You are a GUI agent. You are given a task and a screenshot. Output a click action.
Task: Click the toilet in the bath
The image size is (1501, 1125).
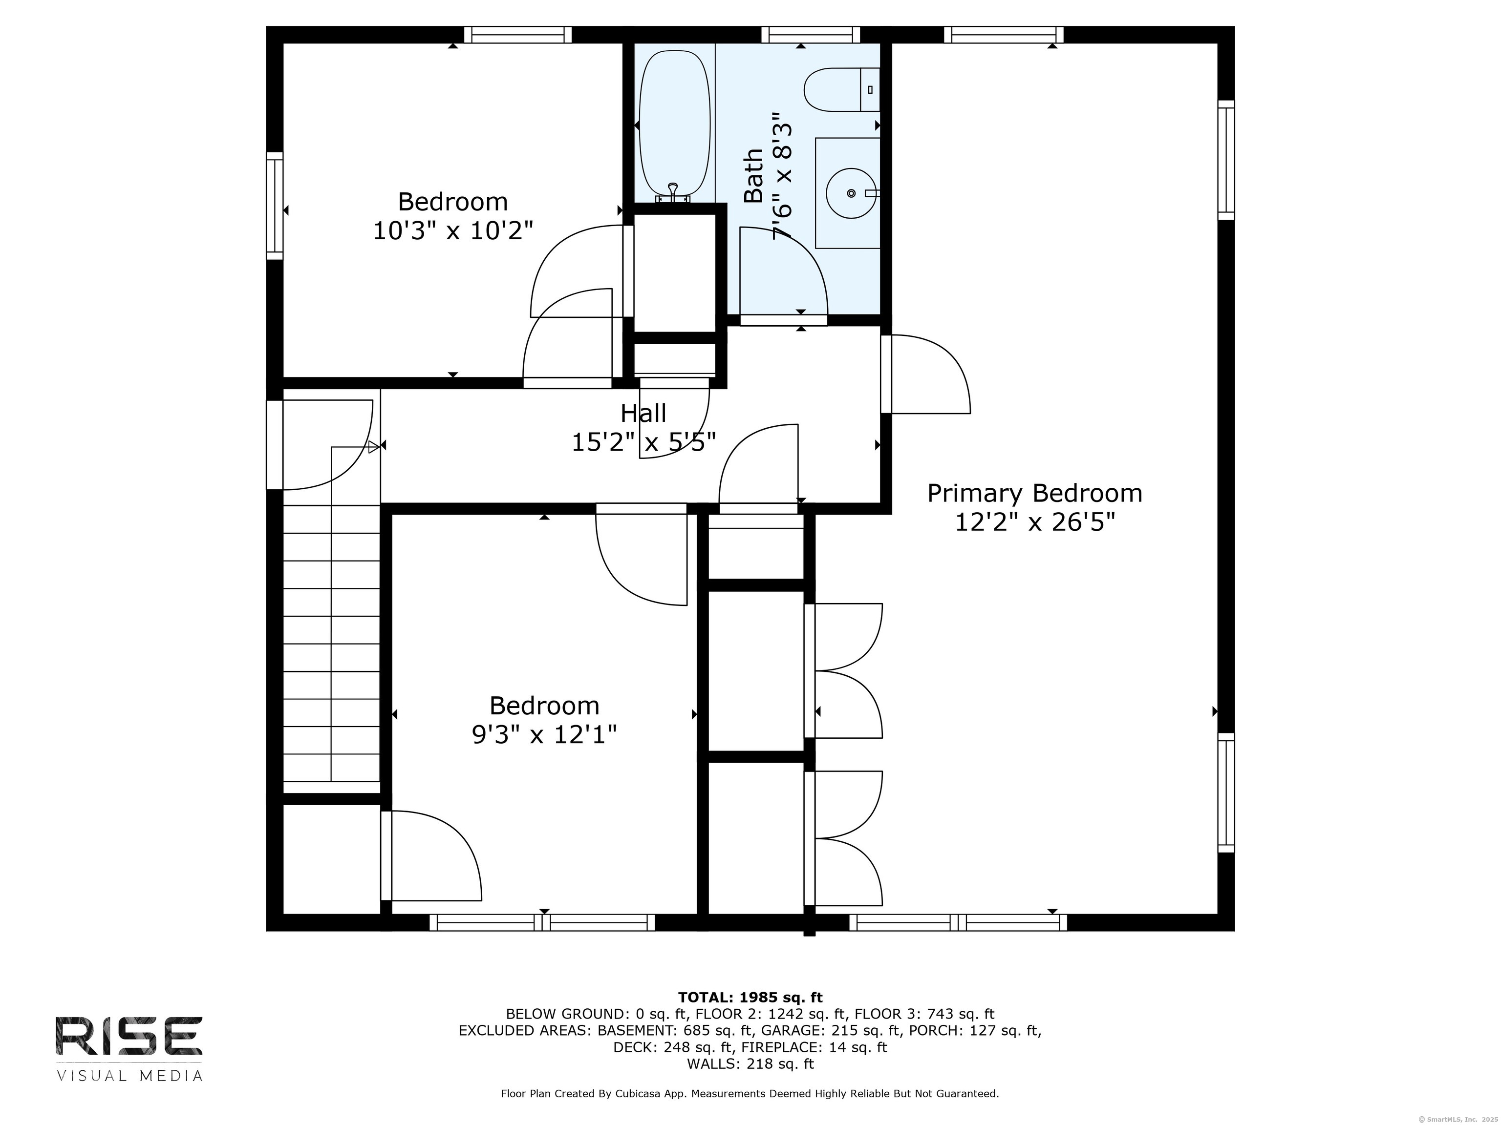[841, 89]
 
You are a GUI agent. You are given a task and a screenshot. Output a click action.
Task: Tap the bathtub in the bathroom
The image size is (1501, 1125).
[674, 125]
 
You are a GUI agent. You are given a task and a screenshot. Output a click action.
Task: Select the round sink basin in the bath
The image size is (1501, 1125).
[850, 193]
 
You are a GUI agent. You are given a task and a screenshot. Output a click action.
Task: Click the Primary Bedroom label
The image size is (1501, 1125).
[1034, 493]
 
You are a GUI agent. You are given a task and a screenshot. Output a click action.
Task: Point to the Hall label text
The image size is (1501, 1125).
[643, 413]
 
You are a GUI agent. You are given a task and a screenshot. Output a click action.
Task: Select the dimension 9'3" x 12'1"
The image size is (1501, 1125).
[544, 735]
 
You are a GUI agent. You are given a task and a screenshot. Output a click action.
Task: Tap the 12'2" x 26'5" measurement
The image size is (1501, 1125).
[1035, 522]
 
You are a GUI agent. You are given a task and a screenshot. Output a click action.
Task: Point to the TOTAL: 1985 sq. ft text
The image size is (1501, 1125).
[750, 998]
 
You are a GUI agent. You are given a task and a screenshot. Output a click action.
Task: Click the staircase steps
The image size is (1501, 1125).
[331, 644]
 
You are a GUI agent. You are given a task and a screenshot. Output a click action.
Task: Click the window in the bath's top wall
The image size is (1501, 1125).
[810, 35]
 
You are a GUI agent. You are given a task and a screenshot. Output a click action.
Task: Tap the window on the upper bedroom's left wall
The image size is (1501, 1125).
[274, 206]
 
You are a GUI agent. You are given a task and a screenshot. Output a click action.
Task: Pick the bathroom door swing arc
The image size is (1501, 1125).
[783, 271]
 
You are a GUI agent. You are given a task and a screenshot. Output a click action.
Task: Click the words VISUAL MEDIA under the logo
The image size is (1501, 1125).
[129, 1076]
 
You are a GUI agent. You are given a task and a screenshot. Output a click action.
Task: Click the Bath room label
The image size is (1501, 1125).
[753, 176]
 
